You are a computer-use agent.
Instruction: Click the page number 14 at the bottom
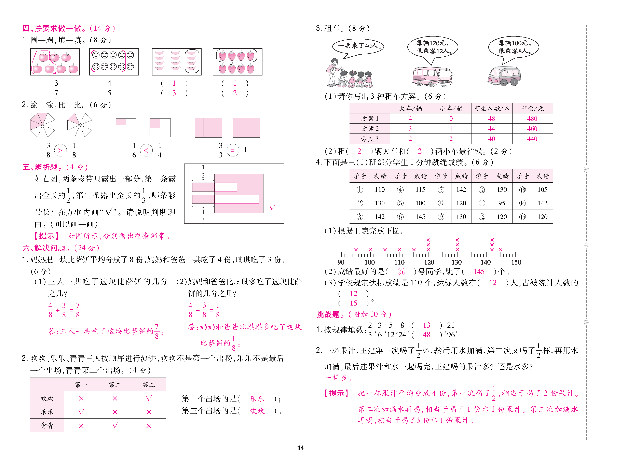[300, 448]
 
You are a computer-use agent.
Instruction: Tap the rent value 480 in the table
[532, 118]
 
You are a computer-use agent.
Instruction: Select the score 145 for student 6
[420, 217]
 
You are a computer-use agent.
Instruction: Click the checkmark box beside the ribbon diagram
[271, 207]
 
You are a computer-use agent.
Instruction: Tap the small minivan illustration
[504, 76]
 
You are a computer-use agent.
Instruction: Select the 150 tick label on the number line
[516, 262]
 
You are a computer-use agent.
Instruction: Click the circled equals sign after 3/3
[233, 150]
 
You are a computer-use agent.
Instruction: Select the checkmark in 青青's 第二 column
[115, 425]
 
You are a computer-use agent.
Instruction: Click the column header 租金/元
[532, 108]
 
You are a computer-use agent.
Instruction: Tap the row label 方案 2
[370, 129]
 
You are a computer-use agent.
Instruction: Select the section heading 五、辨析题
[40, 167]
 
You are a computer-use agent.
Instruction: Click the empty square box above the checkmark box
[271, 186]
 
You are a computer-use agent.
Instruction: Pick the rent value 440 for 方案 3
[532, 139]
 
